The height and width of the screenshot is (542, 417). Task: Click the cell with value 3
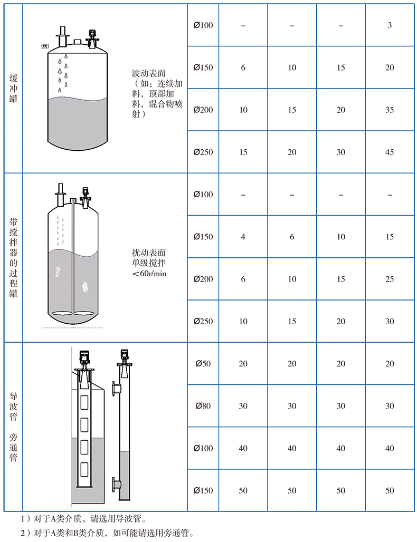pos(390,25)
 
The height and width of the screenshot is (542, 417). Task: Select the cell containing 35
pos(390,110)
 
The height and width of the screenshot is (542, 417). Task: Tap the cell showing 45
pos(390,152)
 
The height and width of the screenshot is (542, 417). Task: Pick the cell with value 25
pos(390,279)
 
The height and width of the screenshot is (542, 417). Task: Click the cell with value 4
pos(243,237)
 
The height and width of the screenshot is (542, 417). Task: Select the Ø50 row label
pos(203,364)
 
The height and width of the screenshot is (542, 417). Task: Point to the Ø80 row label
pos(203,406)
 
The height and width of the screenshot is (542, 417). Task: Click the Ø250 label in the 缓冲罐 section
pos(203,152)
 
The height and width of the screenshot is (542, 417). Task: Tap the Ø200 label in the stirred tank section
pos(203,279)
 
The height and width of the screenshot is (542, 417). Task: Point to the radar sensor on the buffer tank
pos(92,38)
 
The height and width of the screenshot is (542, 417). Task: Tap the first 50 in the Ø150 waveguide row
pos(243,490)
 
